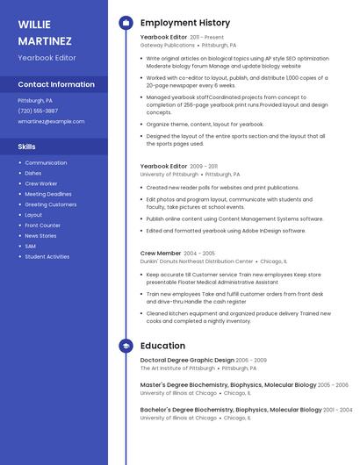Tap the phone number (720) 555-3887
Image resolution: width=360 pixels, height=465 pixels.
(38, 111)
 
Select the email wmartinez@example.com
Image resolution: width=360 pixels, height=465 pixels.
(51, 121)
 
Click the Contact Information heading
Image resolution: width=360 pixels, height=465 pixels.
(56, 84)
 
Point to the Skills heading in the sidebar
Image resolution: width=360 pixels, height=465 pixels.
(27, 147)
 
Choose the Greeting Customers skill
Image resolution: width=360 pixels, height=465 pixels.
(50, 204)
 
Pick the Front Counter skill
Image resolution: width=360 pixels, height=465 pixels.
(42, 225)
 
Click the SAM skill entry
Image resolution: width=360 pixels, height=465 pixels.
(30, 247)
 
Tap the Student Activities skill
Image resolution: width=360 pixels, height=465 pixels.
(47, 257)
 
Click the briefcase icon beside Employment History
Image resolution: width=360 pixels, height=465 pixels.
(126, 23)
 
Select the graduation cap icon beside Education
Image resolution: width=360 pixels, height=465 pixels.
(126, 346)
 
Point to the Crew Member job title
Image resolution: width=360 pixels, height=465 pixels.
(161, 253)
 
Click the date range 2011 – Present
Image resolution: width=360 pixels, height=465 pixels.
(207, 38)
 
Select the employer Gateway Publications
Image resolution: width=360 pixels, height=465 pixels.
(168, 45)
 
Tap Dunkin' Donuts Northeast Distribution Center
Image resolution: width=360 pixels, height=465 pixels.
(197, 261)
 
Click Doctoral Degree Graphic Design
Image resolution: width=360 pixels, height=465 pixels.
(187, 360)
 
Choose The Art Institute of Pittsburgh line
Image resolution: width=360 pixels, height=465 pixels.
(178, 368)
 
